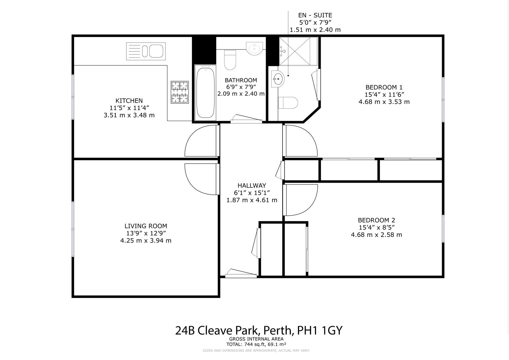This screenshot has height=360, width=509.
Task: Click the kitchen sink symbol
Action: coord(146,51)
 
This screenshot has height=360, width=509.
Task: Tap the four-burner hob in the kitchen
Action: coord(180,92)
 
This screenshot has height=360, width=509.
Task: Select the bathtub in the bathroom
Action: coord(205,92)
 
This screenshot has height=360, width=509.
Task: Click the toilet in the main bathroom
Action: coord(230,60)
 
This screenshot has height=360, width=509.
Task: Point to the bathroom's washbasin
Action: coord(254,48)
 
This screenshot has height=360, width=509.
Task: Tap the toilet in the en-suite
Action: coord(288,103)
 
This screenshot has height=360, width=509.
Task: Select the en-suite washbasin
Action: coord(277,79)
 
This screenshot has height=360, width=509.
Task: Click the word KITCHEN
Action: coord(129,101)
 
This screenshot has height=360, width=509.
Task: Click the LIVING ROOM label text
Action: coord(146,226)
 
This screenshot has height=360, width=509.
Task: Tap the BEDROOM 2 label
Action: coord(376,220)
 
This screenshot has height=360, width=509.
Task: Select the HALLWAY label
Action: coord(252,186)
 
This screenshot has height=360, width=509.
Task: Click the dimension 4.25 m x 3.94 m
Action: coord(146,241)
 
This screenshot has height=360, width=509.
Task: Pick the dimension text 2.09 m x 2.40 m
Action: coord(241,94)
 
